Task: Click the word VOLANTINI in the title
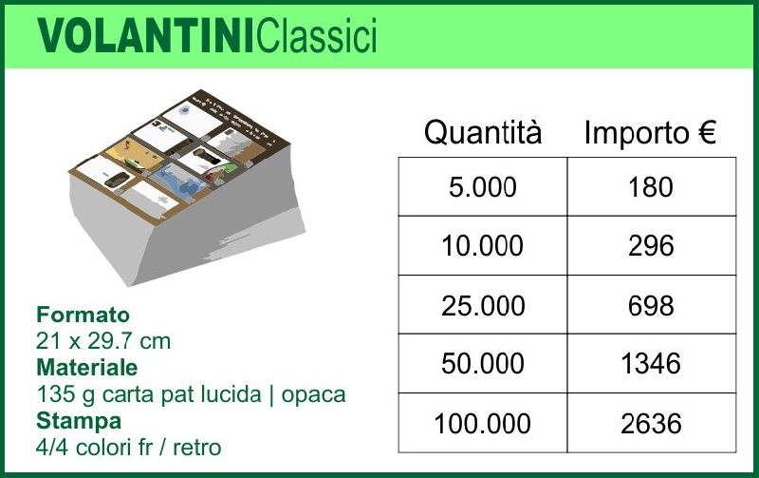tap(146, 35)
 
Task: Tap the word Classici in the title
tap(317, 35)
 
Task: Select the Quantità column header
tap(483, 132)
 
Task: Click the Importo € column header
tap(650, 132)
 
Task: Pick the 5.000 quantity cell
tap(483, 186)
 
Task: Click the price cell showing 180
tap(652, 186)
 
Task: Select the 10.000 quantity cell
tap(483, 246)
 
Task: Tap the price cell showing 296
tap(652, 246)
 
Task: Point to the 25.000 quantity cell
tap(483, 305)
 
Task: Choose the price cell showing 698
tap(652, 305)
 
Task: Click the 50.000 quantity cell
tap(483, 364)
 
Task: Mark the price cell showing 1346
tap(652, 364)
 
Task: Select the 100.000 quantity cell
tap(483, 423)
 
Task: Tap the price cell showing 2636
tap(652, 423)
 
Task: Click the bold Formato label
tap(83, 315)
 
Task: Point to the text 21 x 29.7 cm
tap(103, 341)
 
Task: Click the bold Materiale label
tap(87, 367)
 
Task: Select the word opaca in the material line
tap(314, 395)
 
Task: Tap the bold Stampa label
tap(79, 421)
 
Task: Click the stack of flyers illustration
tap(186, 186)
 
